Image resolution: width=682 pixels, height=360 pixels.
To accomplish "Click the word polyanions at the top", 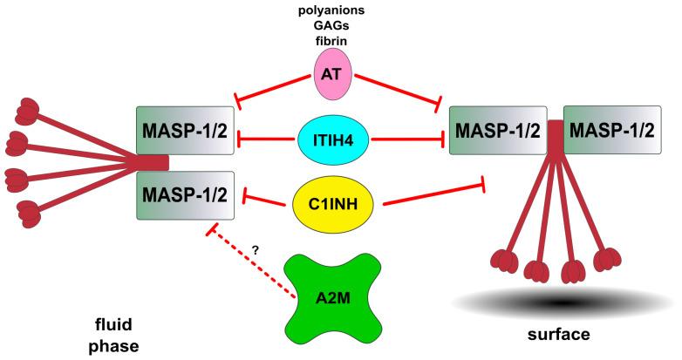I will (331, 10).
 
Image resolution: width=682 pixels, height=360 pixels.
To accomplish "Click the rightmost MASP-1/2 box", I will (610, 132).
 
